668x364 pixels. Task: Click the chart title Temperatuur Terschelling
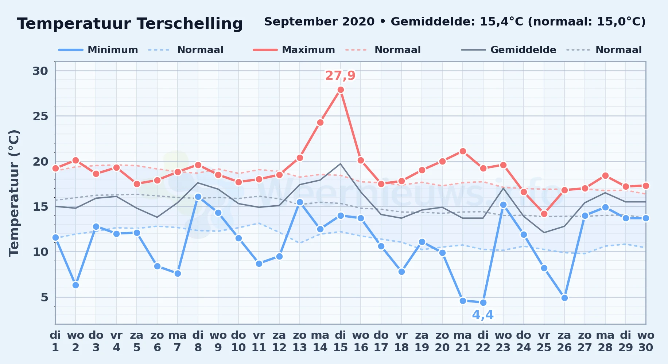(x=130, y=24)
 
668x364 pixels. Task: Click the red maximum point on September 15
(x=341, y=90)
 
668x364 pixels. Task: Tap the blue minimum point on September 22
(x=483, y=302)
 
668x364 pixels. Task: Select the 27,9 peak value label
(x=340, y=75)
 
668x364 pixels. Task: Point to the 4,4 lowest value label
(x=483, y=314)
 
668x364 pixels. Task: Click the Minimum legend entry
(x=98, y=50)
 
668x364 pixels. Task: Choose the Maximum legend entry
(x=294, y=50)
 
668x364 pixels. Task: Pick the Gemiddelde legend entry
(x=509, y=50)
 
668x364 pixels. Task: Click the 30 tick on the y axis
(x=40, y=71)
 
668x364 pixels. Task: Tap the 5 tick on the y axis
(x=44, y=297)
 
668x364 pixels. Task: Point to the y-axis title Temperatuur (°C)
(x=14, y=193)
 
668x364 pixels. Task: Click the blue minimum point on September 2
(x=75, y=285)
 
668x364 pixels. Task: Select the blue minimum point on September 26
(x=564, y=298)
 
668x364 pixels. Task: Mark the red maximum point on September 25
(x=544, y=214)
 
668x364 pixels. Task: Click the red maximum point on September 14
(x=320, y=122)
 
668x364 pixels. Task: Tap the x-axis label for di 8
(x=198, y=341)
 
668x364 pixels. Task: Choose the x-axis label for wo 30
(x=646, y=341)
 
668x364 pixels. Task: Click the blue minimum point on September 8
(x=198, y=197)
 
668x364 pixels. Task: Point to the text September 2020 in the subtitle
(x=319, y=22)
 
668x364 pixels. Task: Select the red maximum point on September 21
(x=463, y=151)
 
